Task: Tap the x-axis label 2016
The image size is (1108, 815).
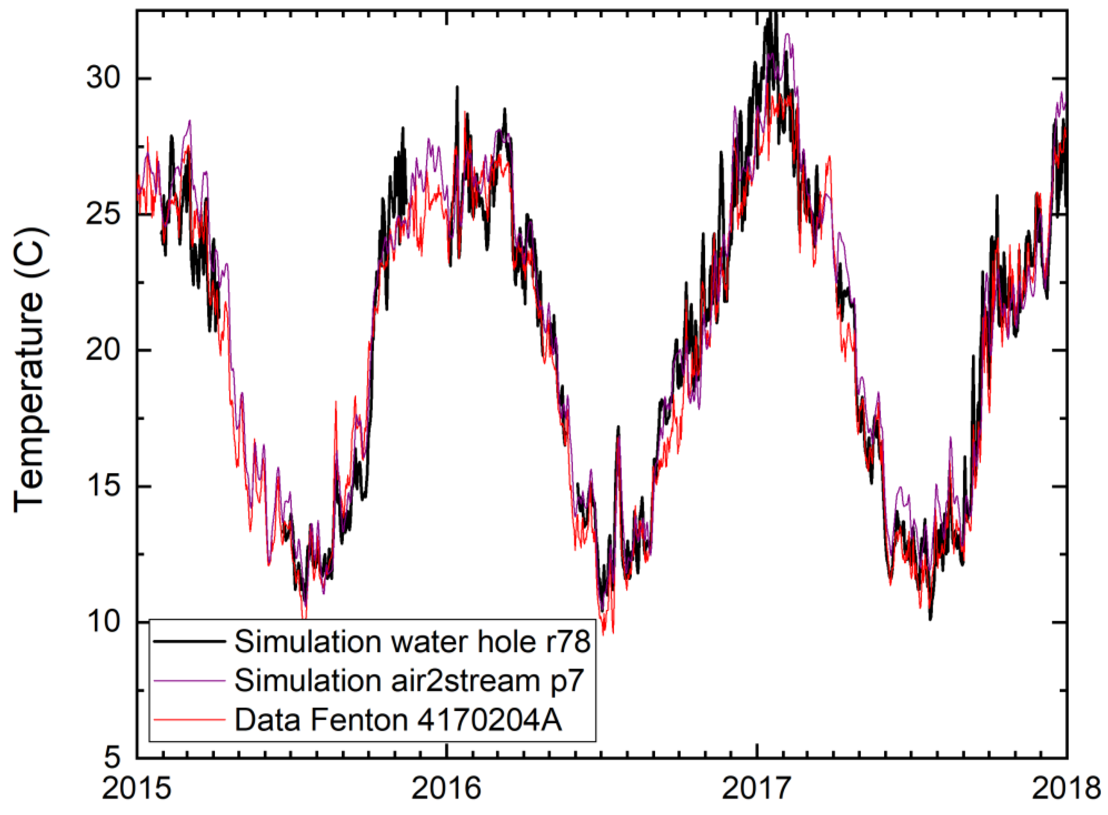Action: (446, 789)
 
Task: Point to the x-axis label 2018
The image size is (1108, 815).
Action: (1066, 789)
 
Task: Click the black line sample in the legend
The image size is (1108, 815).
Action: (190, 642)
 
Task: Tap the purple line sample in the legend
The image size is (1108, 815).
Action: (190, 681)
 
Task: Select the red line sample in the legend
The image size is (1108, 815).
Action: (190, 720)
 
